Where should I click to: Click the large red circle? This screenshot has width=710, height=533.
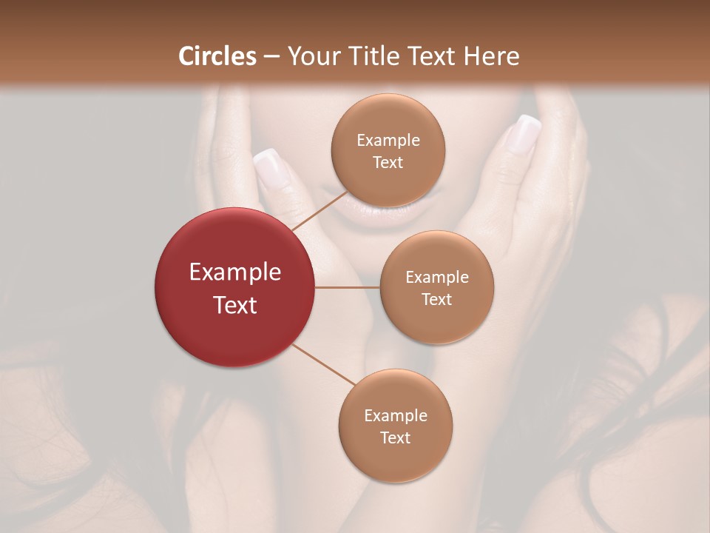[235, 287]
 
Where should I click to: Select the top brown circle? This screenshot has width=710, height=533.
[388, 150]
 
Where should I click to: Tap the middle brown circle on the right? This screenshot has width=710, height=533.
[436, 287]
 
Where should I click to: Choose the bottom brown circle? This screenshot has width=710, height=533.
[395, 426]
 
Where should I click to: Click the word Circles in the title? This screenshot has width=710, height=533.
[217, 56]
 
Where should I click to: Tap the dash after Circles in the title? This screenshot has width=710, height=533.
[271, 57]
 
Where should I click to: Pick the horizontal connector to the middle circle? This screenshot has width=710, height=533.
[348, 287]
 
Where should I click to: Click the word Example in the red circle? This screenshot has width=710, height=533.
[235, 272]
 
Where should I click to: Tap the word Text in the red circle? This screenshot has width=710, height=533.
[235, 305]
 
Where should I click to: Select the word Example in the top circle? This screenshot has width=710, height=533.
[388, 140]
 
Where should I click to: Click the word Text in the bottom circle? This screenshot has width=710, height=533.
[395, 438]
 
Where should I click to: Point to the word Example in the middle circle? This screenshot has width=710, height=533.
[436, 277]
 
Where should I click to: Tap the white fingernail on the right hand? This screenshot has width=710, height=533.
[524, 134]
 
